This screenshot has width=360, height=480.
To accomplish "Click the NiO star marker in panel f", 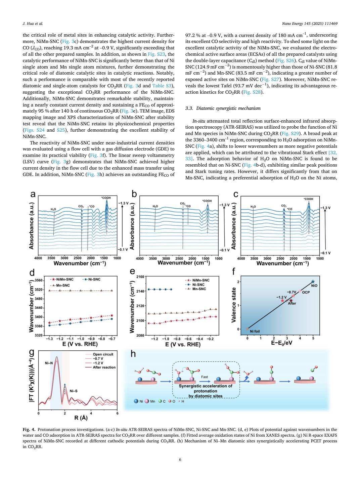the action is (x=313, y=282).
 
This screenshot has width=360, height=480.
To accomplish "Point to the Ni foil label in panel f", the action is (x=255, y=331).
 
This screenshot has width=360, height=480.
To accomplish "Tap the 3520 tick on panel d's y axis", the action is (x=38, y=290).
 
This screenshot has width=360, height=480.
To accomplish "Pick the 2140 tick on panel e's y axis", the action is (x=140, y=291).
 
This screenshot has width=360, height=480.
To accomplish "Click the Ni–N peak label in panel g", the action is (x=49, y=363).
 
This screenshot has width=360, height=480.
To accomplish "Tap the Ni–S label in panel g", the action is (x=74, y=391).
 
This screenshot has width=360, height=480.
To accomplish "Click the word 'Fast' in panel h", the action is (x=205, y=377).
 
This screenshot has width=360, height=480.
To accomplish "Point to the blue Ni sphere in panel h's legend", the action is (x=136, y=401).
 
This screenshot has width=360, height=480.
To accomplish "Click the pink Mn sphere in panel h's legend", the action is (x=147, y=401).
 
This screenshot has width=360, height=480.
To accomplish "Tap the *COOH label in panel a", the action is (x=106, y=198).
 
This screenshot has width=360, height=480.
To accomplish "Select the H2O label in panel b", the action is (x=155, y=206).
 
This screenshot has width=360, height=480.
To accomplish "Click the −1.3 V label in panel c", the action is (x=325, y=208).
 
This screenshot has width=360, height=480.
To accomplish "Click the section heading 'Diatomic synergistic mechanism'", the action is (x=228, y=108).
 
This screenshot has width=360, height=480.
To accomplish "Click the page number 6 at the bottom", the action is (x=180, y=460).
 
